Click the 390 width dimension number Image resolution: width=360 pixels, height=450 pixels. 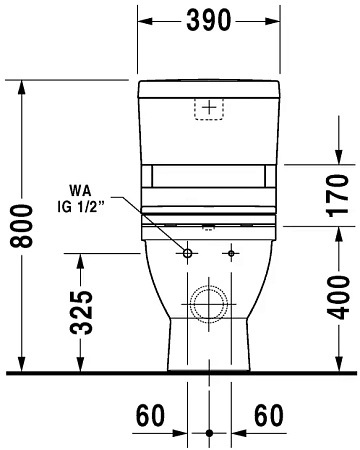pos(208,19)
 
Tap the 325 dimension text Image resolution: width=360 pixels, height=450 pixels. pos(87,312)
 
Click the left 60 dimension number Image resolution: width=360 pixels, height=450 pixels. pos(151,413)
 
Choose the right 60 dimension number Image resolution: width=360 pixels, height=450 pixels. pos(266,413)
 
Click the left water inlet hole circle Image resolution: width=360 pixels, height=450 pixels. pos(186,253)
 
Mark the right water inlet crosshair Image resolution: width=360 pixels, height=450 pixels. pos(231,253)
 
